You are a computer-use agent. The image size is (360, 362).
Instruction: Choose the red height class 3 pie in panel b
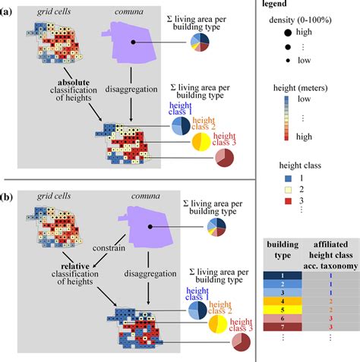pyautogui.click(x=224, y=342)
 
